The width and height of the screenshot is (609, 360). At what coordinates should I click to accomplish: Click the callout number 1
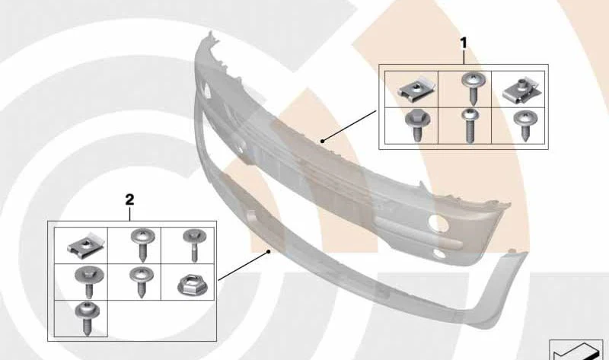click(x=464, y=43)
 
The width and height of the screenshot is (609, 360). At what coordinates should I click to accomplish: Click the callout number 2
click(x=129, y=199)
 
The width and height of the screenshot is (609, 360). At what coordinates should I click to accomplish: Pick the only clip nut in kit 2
click(x=86, y=245)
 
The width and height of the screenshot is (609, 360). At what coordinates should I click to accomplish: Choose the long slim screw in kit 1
click(x=470, y=125)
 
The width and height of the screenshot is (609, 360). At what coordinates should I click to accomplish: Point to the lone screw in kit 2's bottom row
click(x=87, y=318)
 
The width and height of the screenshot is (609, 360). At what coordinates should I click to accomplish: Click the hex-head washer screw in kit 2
click(x=89, y=282)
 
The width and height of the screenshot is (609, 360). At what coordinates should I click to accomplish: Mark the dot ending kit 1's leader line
click(x=322, y=142)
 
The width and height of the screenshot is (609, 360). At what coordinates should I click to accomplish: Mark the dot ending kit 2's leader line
click(x=268, y=252)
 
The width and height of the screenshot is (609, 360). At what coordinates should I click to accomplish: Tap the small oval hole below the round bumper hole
click(x=439, y=253)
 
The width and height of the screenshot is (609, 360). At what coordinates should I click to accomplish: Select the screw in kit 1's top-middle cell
click(x=472, y=88)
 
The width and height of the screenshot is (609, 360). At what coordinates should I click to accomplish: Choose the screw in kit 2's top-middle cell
click(x=142, y=245)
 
